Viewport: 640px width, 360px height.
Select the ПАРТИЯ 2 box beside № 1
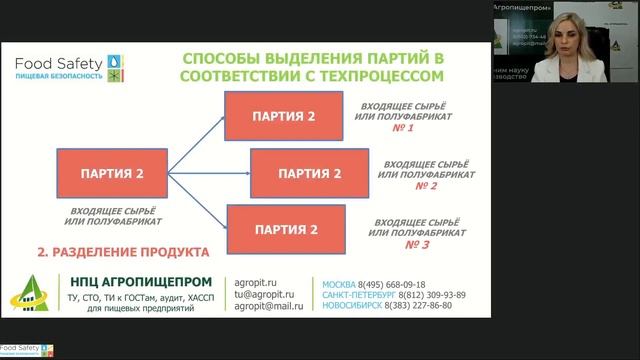pyautogui.click(x=278, y=117)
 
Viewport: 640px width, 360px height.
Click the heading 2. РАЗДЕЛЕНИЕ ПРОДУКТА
pyautogui.click(x=122, y=252)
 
